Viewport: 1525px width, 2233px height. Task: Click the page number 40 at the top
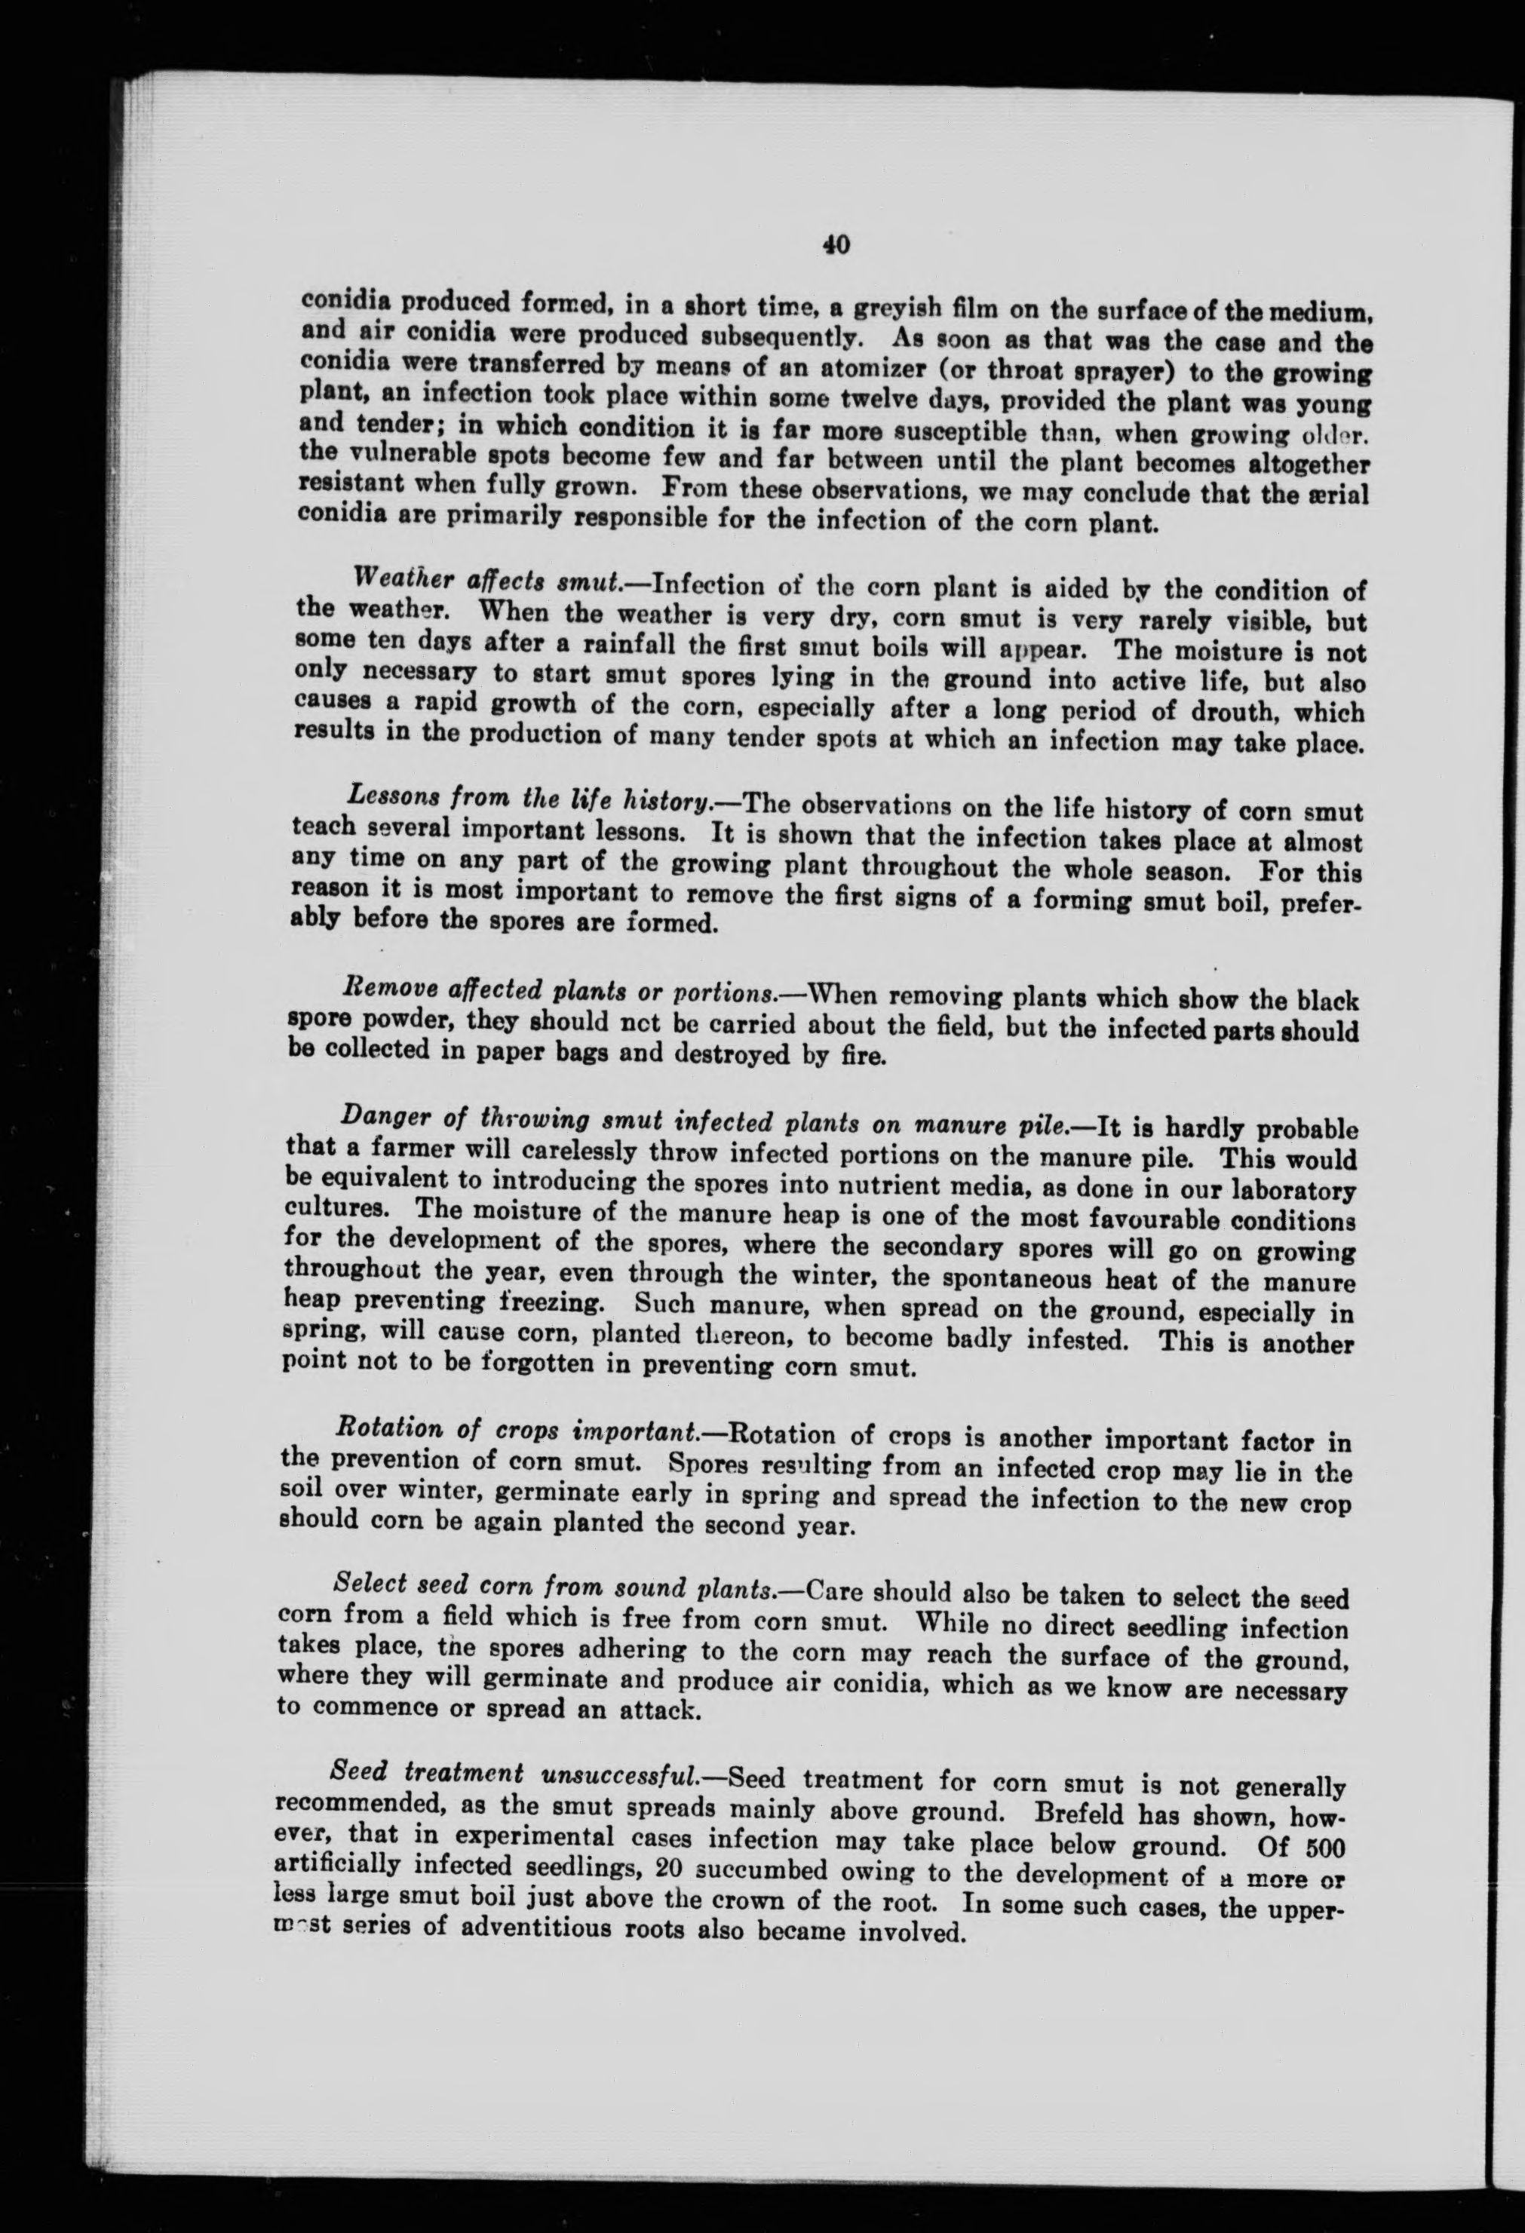[x=834, y=245]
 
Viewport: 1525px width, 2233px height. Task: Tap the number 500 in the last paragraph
[x=1318, y=1847]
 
